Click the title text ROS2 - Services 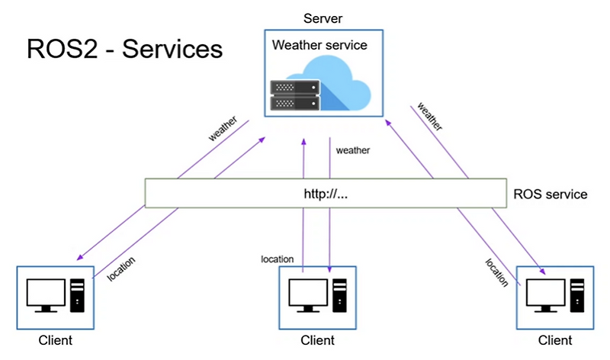[124, 50]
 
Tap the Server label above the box [323, 18]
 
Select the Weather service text [319, 46]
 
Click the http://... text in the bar [326, 194]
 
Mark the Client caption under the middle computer [318, 339]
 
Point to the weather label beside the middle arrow [353, 150]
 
